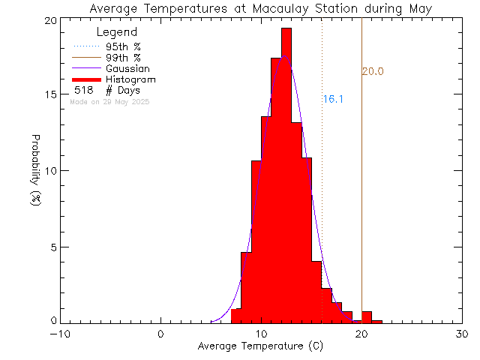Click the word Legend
point(117,32)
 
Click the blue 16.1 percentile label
point(333,99)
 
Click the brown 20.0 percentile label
point(373,71)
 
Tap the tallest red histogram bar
point(286,172)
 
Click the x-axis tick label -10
point(61,334)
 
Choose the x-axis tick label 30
point(462,334)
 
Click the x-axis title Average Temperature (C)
point(261,346)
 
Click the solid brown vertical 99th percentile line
point(361,187)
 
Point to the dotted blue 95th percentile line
point(322,187)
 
